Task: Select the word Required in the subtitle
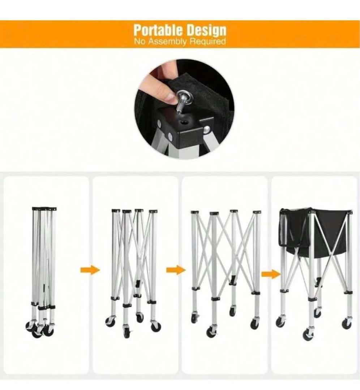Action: (207, 41)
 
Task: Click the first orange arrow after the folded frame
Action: (90, 270)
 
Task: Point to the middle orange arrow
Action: (176, 270)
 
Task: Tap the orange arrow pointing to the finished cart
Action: (271, 274)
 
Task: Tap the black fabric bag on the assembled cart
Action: (316, 233)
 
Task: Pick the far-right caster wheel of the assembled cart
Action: (347, 323)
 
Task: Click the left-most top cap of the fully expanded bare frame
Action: (194, 212)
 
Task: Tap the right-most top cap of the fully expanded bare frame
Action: (257, 212)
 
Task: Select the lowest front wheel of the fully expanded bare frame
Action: (211, 332)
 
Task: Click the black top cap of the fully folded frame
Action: (44, 209)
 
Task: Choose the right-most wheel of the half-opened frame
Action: (156, 326)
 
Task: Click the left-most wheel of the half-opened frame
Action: (110, 322)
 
